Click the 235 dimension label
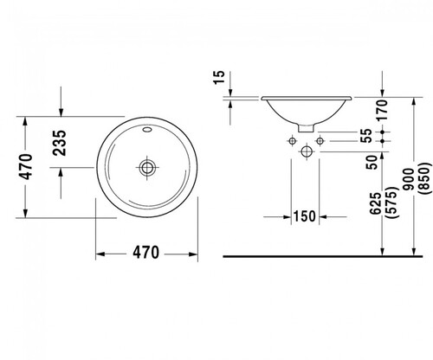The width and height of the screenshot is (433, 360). point(61,143)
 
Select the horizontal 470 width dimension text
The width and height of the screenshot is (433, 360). point(145,253)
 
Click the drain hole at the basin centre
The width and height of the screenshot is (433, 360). point(147,167)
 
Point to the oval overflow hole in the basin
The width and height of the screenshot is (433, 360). point(147,129)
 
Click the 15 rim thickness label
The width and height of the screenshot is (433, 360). point(219,77)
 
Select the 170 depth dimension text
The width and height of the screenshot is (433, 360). point(382,110)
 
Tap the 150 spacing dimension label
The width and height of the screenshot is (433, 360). point(305,216)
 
